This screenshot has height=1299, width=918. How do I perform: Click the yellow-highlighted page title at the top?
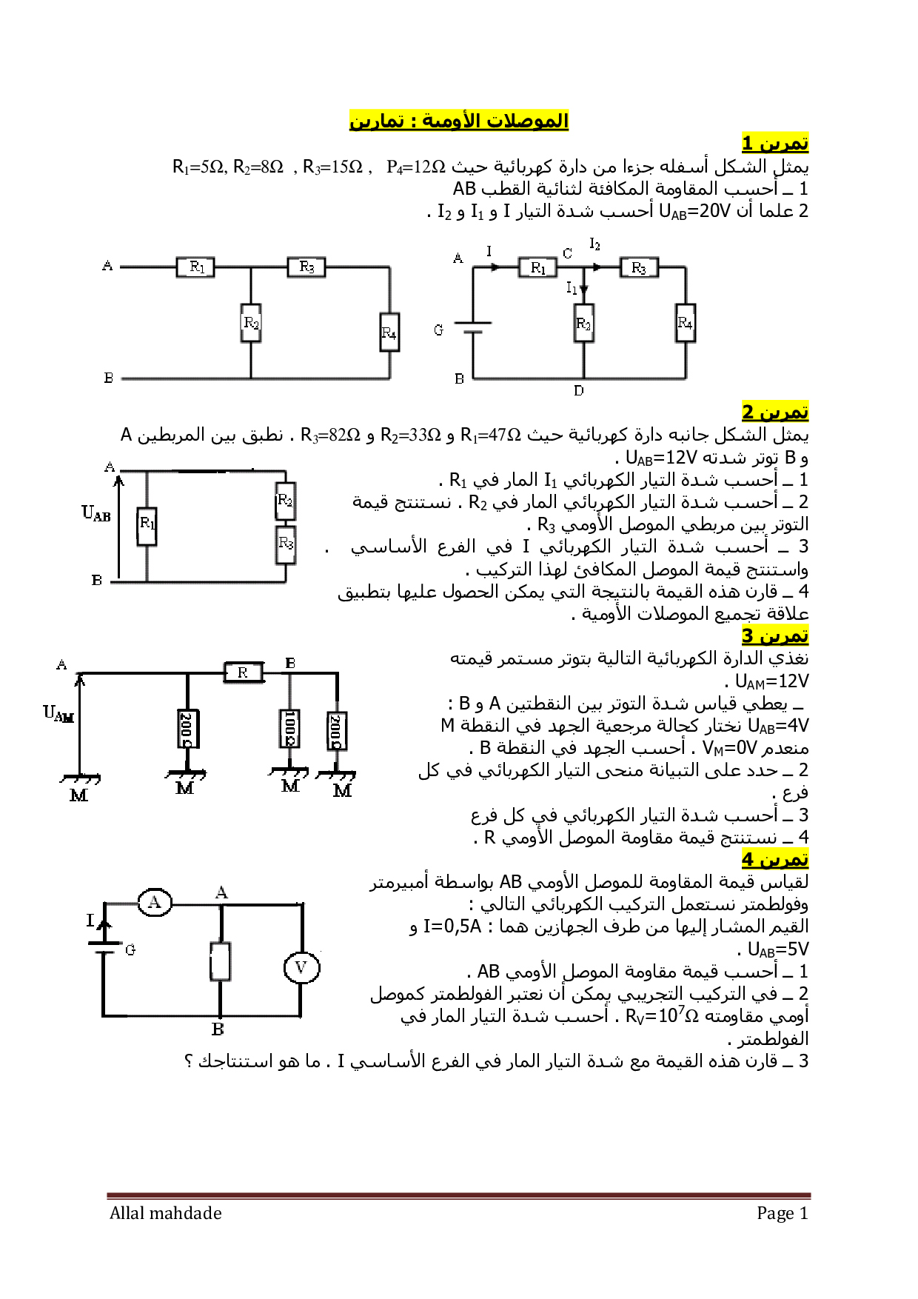(x=459, y=120)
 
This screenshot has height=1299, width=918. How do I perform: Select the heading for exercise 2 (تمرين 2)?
(x=775, y=411)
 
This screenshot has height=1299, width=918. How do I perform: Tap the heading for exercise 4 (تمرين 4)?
(x=775, y=859)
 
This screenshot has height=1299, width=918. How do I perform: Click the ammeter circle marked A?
(x=155, y=902)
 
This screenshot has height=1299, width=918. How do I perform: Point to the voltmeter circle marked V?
(x=301, y=967)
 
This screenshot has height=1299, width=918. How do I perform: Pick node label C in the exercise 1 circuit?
(x=567, y=253)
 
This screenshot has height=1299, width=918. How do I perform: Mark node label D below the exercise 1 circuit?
(x=579, y=390)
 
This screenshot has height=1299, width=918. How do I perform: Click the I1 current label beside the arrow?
(x=572, y=287)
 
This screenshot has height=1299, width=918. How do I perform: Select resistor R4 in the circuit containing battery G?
(x=686, y=323)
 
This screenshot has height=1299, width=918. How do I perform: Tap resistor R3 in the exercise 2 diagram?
(x=286, y=544)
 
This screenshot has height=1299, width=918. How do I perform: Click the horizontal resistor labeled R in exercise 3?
(x=244, y=672)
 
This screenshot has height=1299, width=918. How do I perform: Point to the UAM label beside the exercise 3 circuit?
(x=58, y=714)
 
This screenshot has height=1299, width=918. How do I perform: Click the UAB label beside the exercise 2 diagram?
(x=96, y=513)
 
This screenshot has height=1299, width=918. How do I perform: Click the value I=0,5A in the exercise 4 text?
(x=452, y=926)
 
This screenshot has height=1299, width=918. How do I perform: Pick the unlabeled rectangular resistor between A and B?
(x=221, y=961)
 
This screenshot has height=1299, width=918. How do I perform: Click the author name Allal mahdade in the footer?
(x=166, y=1213)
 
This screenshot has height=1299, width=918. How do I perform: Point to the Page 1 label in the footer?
(x=782, y=1213)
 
